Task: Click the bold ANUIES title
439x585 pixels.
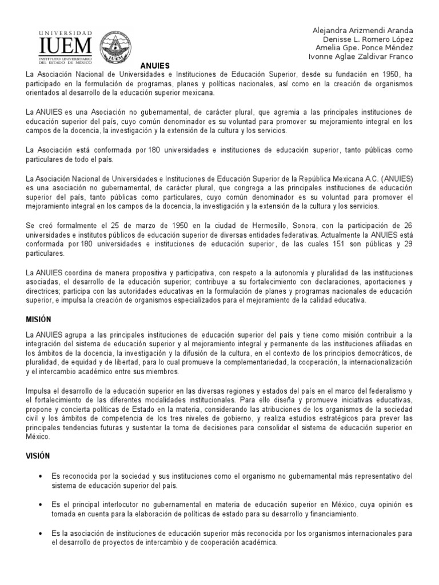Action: pos(156,66)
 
